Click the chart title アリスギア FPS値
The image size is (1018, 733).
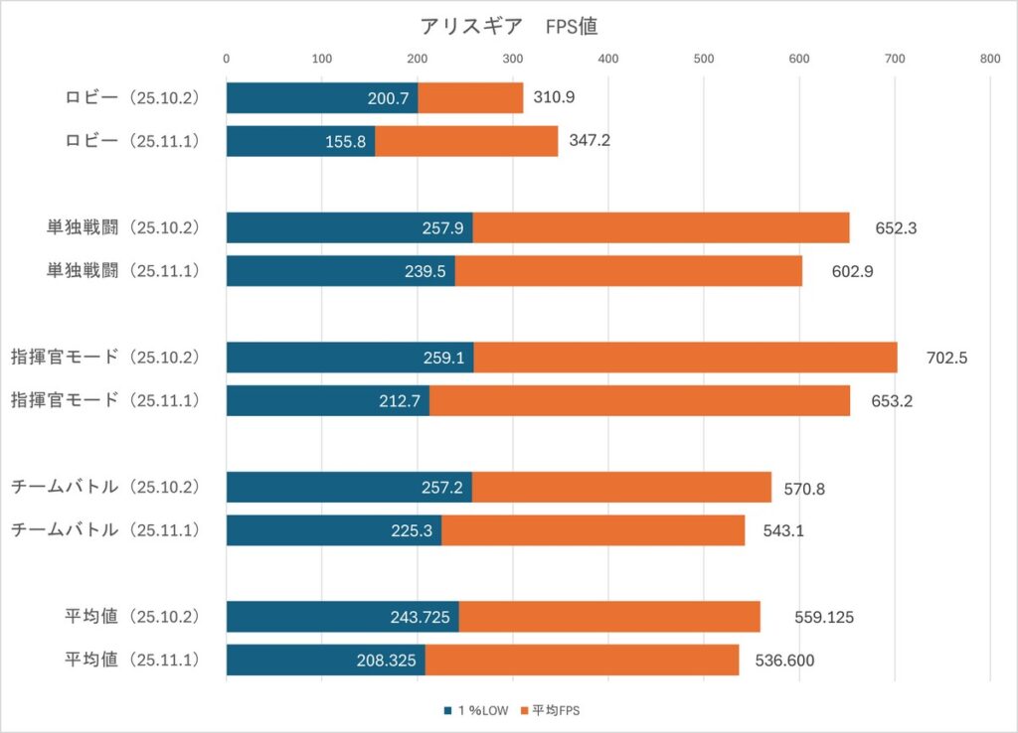coord(508,27)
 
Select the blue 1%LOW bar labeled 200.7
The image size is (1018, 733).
coord(322,97)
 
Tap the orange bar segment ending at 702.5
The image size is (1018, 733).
coord(685,358)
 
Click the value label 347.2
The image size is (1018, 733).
coord(590,140)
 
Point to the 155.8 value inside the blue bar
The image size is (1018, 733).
coord(346,141)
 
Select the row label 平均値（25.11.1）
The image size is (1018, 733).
coord(132,660)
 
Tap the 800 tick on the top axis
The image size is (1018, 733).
coord(989,59)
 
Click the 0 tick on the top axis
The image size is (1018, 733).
coord(227,59)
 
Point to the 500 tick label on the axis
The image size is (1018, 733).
coord(704,59)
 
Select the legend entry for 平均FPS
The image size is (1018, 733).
coord(555,710)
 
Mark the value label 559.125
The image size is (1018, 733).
coord(824,617)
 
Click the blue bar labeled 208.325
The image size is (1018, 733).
coord(325,660)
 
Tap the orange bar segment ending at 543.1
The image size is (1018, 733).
coord(593,529)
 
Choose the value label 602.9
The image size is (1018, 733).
coord(852,271)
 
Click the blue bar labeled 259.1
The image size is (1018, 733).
coord(350,358)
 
